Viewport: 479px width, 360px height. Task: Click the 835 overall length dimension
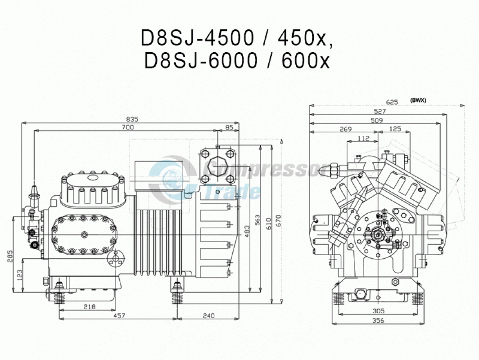[132, 119]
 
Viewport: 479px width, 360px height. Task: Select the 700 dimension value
[128, 127]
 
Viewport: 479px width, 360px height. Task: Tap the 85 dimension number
[229, 127]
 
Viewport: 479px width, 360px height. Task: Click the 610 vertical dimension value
[268, 224]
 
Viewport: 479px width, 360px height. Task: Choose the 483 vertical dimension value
[247, 231]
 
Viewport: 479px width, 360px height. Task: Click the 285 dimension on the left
[10, 256]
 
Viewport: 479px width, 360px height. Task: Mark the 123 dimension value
[20, 275]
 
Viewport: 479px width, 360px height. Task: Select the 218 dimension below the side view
[89, 306]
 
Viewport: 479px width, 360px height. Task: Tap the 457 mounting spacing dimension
[119, 315]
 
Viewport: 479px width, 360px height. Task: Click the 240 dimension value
[208, 315]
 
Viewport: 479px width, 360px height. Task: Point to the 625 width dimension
[392, 102]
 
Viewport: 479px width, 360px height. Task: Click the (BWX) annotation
[418, 100]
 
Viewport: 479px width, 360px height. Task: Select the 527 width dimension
[380, 111]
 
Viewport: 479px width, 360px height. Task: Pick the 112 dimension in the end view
[363, 138]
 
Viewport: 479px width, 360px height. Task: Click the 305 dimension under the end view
[379, 311]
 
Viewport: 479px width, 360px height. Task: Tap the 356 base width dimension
[379, 320]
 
